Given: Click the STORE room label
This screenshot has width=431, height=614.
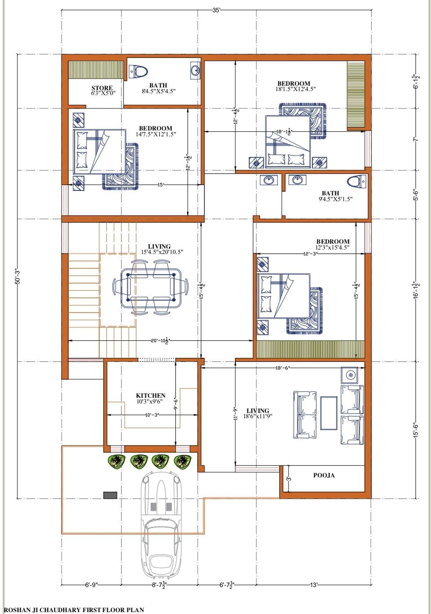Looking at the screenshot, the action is [x=102, y=88].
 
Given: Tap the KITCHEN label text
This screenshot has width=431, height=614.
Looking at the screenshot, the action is [x=150, y=395].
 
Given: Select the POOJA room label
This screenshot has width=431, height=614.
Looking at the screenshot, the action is [x=324, y=475].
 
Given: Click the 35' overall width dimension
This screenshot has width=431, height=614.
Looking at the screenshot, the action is [x=216, y=10].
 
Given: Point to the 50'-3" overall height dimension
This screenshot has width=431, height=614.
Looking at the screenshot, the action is [x=18, y=276].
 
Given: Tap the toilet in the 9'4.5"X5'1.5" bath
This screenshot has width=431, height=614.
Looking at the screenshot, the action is [x=357, y=182].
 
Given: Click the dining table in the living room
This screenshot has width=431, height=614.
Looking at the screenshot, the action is [x=150, y=287].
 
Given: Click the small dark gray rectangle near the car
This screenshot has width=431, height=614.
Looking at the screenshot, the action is [x=110, y=495].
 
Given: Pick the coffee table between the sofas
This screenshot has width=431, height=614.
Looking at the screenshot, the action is [x=329, y=413].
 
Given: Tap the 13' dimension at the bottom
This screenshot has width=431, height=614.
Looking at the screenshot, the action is [x=314, y=585].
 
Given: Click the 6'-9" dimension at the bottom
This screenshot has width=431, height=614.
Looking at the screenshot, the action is [x=91, y=585].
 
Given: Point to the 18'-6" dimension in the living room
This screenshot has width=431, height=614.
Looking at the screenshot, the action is [x=283, y=367].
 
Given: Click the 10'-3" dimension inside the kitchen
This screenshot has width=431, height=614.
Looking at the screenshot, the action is [x=152, y=415].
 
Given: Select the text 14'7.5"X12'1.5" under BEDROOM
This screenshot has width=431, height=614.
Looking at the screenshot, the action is [x=156, y=134].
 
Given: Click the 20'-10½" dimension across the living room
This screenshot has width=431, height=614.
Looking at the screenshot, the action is [x=159, y=341].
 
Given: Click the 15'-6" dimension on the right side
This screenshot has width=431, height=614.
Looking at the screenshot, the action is [x=416, y=430].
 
